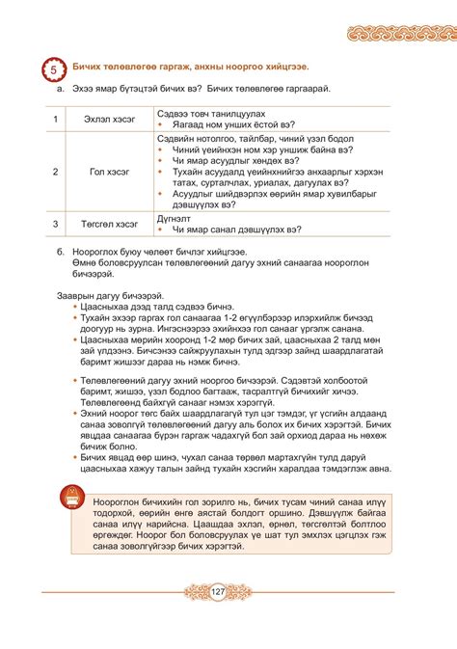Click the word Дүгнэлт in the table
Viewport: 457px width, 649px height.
(x=176, y=219)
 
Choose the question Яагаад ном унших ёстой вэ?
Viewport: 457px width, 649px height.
(x=232, y=124)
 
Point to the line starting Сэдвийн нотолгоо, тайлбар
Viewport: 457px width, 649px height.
(x=242, y=139)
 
